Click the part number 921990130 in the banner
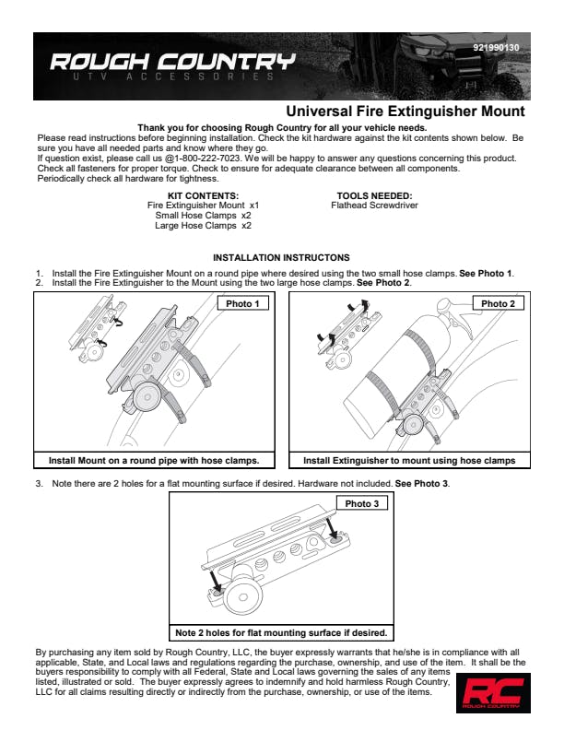tap(496, 48)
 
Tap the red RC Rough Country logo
tap(493, 693)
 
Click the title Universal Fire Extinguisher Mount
tap(405, 112)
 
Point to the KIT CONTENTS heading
tap(203, 196)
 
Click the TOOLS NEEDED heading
tap(374, 196)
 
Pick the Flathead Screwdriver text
tap(374, 206)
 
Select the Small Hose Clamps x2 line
tap(203, 216)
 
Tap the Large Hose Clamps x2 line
tap(203, 226)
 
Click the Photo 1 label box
tap(243, 303)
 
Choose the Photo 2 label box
tap(499, 303)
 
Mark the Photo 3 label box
tap(362, 503)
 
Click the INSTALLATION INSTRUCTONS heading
tap(281, 257)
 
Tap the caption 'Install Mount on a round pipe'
tap(154, 461)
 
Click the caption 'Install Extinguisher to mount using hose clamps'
tap(409, 461)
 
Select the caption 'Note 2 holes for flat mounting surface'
tap(281, 632)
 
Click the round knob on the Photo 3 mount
tap(243, 596)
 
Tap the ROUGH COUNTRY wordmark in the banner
tap(172, 62)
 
